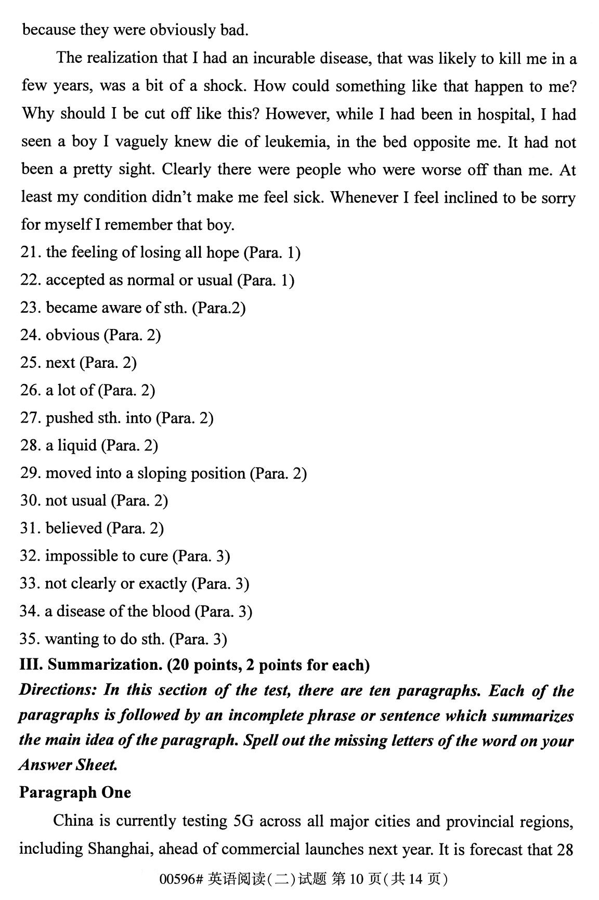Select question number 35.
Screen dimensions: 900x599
(x=30, y=639)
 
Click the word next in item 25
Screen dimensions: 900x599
(x=60, y=363)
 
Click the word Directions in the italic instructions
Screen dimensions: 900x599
(x=58, y=690)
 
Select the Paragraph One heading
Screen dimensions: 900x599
(x=75, y=792)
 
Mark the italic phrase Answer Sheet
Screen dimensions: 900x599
(x=68, y=765)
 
